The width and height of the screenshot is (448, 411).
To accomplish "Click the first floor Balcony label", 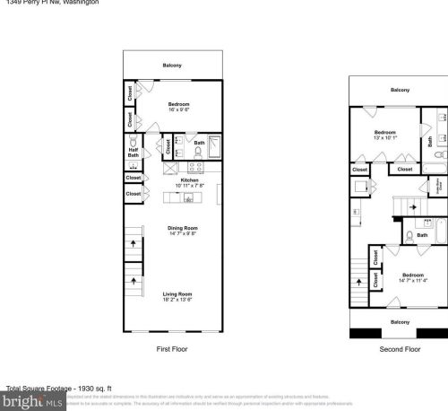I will pos(172,65).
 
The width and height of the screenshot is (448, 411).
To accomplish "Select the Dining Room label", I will pos(182,228).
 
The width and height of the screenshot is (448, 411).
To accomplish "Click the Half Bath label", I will pos(133,153).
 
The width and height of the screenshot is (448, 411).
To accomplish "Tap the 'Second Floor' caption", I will pos(400,348).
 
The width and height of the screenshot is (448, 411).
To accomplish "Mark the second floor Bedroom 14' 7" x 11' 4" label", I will pos(412,275).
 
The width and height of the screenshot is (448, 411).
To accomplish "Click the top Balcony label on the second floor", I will pos(400,90).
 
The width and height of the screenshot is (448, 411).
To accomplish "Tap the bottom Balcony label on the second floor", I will pos(400,321).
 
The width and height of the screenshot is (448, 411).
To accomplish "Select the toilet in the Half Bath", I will pos(133,142).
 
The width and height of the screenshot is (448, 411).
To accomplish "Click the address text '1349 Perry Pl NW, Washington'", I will pos(49,3).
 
